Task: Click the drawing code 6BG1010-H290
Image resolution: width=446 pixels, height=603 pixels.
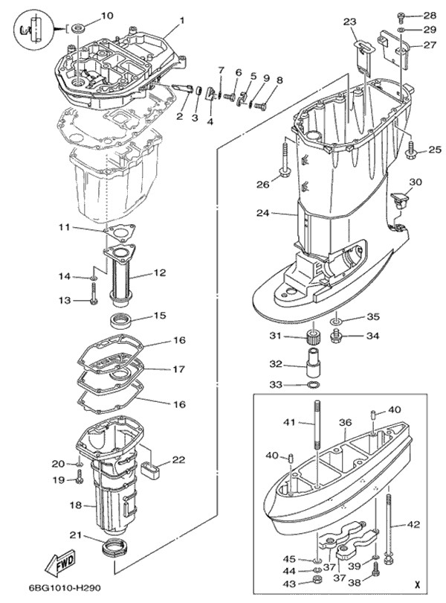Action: click(x=65, y=588)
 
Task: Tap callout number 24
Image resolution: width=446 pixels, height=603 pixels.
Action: click(x=262, y=213)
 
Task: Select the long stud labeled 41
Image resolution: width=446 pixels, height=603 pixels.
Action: click(x=317, y=425)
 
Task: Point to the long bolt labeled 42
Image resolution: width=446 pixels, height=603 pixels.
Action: click(x=389, y=529)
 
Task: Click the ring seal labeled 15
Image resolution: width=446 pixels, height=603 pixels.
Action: click(x=121, y=321)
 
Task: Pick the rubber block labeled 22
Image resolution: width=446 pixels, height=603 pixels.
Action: click(x=151, y=471)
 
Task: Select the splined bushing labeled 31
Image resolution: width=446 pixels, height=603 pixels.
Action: click(x=314, y=336)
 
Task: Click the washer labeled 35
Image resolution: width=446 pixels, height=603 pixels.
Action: click(x=337, y=320)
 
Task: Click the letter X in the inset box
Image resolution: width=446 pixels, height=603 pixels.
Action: click(x=417, y=585)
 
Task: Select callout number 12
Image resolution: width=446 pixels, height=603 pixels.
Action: click(x=159, y=272)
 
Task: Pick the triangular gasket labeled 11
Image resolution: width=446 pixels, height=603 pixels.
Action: click(x=120, y=234)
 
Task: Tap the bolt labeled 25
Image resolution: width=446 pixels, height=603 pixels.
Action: click(x=411, y=150)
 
